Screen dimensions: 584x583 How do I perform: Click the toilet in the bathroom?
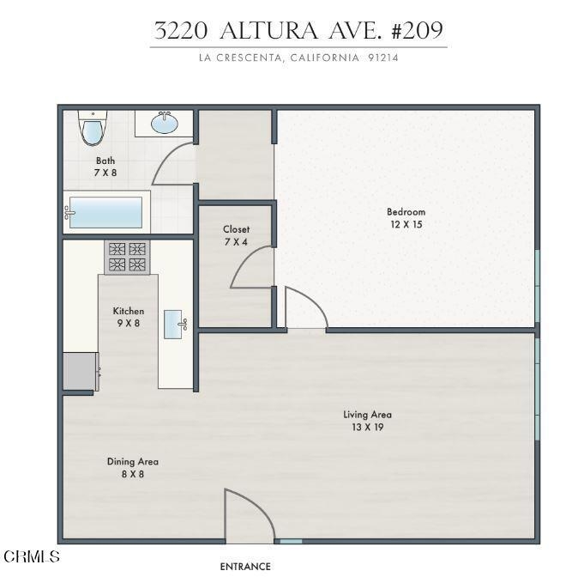[93, 128]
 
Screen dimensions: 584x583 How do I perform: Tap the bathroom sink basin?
[165, 123]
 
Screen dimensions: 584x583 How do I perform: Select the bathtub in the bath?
[106, 212]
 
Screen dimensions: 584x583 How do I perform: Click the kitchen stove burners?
[127, 257]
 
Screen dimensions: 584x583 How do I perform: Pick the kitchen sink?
[173, 325]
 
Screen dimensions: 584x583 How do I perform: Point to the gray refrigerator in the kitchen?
[81, 372]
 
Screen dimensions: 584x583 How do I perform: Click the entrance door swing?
[250, 516]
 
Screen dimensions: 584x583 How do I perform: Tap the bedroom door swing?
[306, 307]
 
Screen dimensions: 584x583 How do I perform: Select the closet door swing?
[252, 267]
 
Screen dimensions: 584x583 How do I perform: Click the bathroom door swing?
[173, 163]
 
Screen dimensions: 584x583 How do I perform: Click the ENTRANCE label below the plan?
[245, 567]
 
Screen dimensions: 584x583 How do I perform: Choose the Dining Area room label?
[133, 461]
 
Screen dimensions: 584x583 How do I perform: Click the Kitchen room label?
[129, 311]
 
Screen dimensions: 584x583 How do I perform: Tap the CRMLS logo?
[32, 556]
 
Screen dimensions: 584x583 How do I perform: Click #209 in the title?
[418, 30]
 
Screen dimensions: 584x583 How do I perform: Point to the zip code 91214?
[383, 58]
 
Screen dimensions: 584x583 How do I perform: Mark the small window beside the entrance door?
[291, 541]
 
